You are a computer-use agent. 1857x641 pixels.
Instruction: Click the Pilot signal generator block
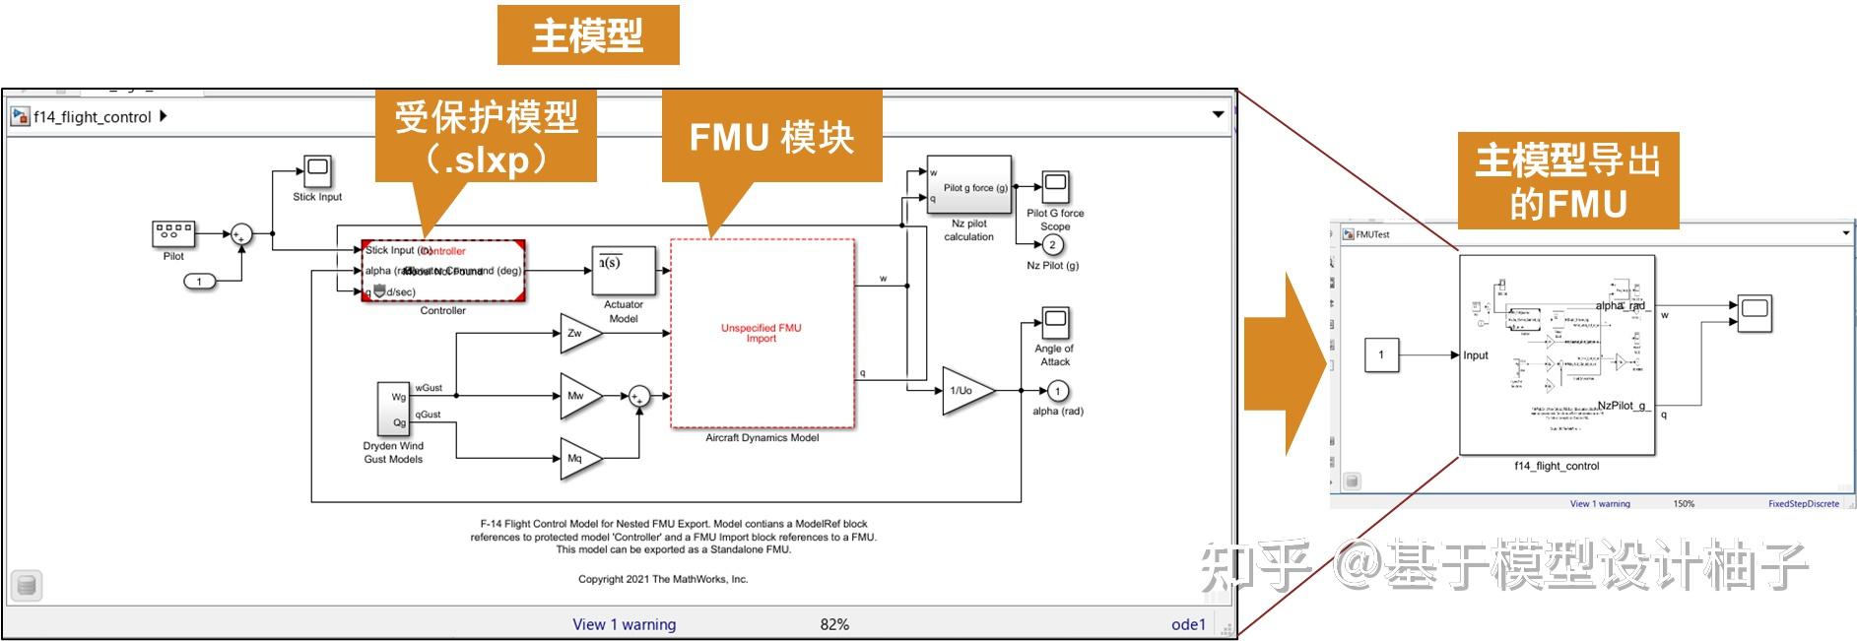pyautogui.click(x=173, y=233)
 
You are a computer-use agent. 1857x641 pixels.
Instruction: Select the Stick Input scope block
pyautogui.click(x=317, y=171)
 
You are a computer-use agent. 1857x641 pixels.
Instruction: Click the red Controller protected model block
pyautogui.click(x=443, y=271)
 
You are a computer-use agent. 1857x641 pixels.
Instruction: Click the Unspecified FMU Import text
pyautogui.click(x=762, y=333)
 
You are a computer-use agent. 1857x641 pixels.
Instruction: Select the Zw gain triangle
pyautogui.click(x=578, y=334)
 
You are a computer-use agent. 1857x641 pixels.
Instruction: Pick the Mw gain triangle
pyautogui.click(x=578, y=396)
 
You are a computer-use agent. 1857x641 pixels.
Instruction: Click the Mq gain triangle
pyautogui.click(x=578, y=459)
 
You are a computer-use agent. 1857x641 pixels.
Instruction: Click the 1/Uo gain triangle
pyautogui.click(x=963, y=391)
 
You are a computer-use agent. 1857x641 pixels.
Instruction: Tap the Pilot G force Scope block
pyautogui.click(x=1055, y=186)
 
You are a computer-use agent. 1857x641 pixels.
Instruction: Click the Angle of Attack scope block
pyautogui.click(x=1055, y=322)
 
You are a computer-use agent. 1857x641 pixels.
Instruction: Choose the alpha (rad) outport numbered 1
pyautogui.click(x=1057, y=391)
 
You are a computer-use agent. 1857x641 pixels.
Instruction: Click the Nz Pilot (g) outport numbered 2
pyautogui.click(x=1052, y=245)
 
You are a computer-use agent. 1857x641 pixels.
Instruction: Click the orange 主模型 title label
pyautogui.click(x=588, y=35)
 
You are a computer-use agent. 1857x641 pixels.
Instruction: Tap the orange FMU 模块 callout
pyautogui.click(x=771, y=137)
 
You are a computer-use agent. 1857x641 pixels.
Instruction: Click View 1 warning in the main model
pyautogui.click(x=625, y=624)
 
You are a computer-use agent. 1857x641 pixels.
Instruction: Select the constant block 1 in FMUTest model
pyautogui.click(x=1381, y=354)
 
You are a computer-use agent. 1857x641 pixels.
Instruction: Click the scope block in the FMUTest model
pyautogui.click(x=1754, y=314)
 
